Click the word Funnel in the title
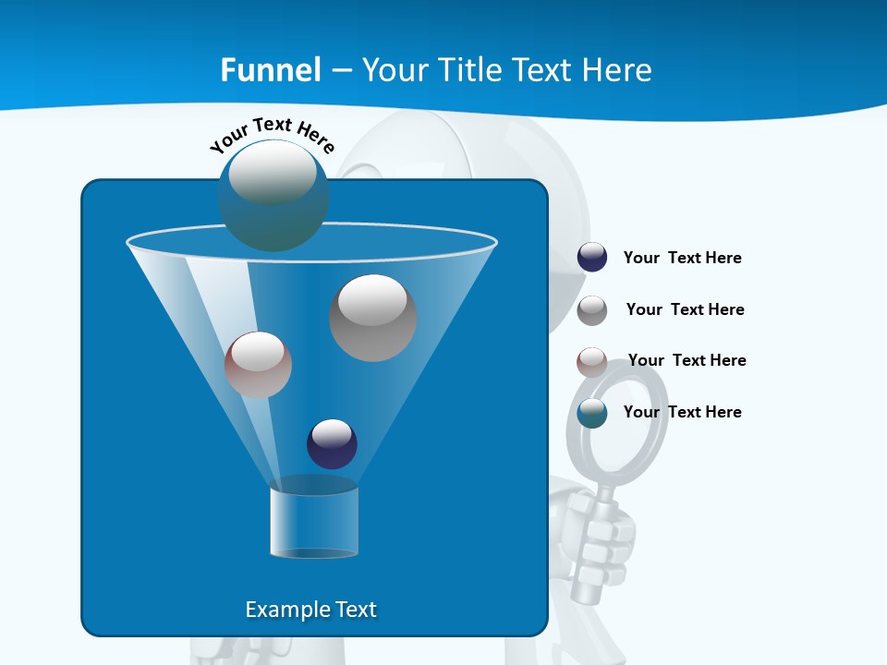click(270, 70)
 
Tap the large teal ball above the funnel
click(273, 196)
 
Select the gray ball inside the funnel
click(373, 318)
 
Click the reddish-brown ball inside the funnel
click(258, 365)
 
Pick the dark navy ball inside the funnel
click(332, 443)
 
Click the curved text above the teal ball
click(272, 134)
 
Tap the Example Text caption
click(310, 610)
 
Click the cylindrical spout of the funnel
click(314, 522)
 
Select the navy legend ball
click(592, 258)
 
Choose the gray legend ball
click(592, 310)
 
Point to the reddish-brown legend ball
click(592, 362)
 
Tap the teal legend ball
click(592, 413)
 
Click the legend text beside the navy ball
click(682, 259)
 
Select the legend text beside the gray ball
click(685, 310)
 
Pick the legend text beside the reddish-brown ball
click(687, 361)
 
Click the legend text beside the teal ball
click(682, 413)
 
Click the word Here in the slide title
click(617, 70)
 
